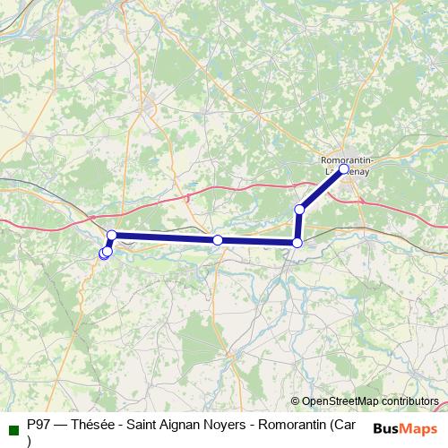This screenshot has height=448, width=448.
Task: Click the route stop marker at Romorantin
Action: coord(344,168)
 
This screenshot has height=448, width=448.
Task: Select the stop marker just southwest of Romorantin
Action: coord(300,210)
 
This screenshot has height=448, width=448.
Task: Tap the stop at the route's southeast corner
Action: coord(297,242)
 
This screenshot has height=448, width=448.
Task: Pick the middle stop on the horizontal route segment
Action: coord(218,240)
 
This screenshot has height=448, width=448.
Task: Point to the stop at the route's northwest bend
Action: coord(112,235)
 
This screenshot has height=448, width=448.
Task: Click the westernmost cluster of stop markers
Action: coord(105,254)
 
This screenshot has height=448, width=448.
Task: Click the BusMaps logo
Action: coord(405,427)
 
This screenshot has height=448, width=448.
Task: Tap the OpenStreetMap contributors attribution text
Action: coord(365,401)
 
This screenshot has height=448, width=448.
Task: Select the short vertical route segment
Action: coord(298,226)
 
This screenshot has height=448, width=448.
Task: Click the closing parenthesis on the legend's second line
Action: coord(30,440)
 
